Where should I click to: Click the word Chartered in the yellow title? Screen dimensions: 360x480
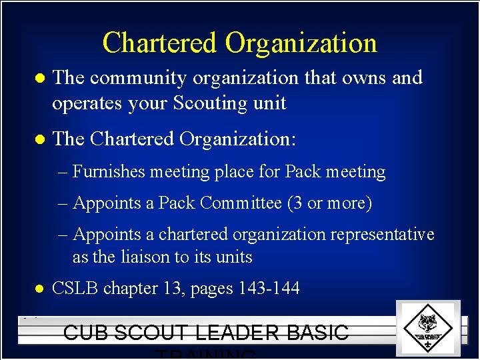pyautogui.click(x=160, y=43)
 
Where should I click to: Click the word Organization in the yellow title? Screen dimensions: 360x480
pyautogui.click(x=301, y=44)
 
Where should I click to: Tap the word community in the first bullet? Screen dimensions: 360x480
pyautogui.click(x=138, y=78)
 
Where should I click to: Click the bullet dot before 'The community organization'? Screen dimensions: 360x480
pyautogui.click(x=39, y=79)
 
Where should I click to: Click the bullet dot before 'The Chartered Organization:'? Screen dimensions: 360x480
pyautogui.click(x=39, y=140)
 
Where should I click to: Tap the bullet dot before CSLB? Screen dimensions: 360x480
pyautogui.click(x=39, y=289)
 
